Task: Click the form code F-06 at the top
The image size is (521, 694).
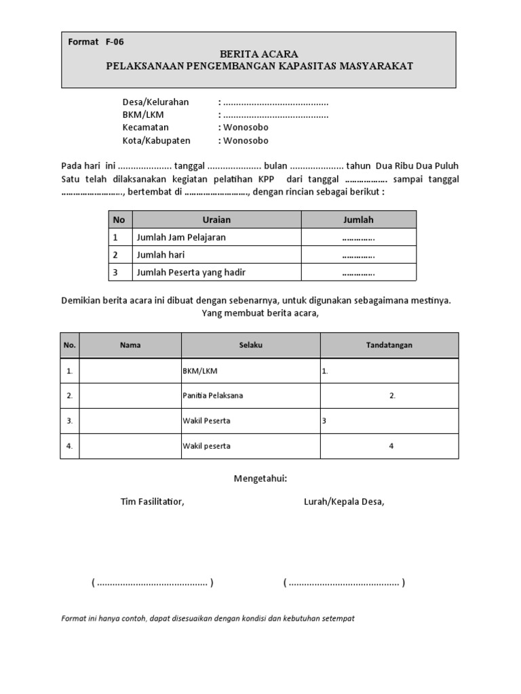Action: coord(114,42)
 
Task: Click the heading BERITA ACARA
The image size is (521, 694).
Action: coord(258,54)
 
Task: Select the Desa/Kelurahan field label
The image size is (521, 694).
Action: coord(155,102)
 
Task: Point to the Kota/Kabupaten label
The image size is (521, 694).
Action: coord(157,141)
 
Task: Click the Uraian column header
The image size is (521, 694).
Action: coord(216,220)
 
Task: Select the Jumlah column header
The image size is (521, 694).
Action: coord(358,220)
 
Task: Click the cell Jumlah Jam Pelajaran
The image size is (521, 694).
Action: coord(181,237)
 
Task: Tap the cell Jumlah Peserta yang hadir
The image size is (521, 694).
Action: coord(191,272)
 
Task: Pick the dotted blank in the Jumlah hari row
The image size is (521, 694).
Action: coord(358,256)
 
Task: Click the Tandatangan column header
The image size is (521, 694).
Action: coord(389,345)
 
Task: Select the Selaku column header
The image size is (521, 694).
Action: coord(250,345)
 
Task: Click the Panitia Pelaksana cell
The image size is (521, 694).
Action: coord(213,396)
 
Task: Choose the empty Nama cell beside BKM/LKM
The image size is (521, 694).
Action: coord(130,371)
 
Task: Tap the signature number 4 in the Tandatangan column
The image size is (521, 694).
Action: coord(391,446)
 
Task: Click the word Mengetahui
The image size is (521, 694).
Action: coord(260,478)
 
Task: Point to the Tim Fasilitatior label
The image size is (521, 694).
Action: coord(152,502)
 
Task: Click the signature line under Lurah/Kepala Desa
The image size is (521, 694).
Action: coord(344,583)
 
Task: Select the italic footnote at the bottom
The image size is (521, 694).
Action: coord(208,619)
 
